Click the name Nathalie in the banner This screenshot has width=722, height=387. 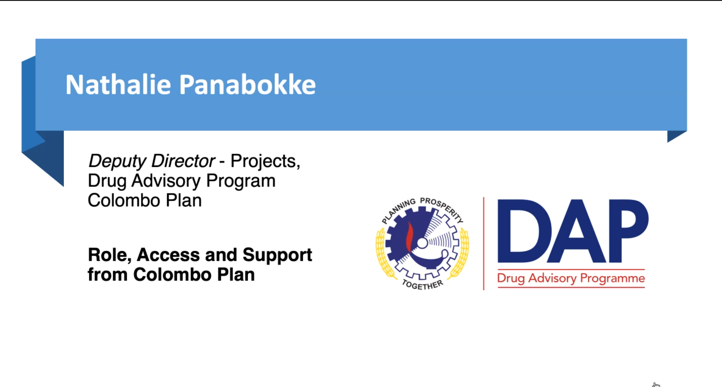(118, 85)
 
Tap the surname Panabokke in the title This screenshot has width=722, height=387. (247, 85)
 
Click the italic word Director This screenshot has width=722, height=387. (183, 161)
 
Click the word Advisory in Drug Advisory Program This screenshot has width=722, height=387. (166, 181)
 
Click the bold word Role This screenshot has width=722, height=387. (109, 255)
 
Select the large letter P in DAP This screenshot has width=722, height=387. (628, 231)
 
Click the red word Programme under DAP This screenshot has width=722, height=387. (612, 279)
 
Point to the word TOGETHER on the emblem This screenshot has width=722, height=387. (423, 285)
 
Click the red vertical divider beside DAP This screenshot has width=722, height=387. (484, 244)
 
